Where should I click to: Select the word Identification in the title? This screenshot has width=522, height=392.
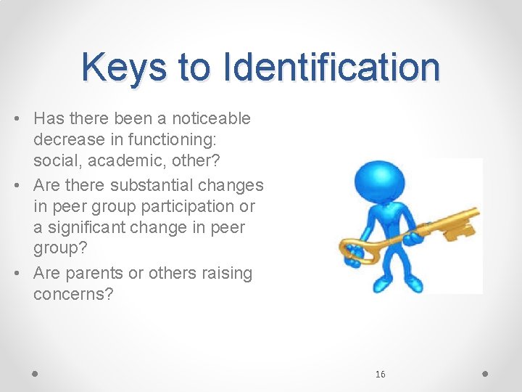coord(332,68)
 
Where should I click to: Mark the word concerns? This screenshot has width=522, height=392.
coord(73,294)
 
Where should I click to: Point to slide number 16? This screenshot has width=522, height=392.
coord(381,374)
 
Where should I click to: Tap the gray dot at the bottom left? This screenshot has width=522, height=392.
coord(36,373)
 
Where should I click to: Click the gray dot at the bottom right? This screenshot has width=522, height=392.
coord(485,373)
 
